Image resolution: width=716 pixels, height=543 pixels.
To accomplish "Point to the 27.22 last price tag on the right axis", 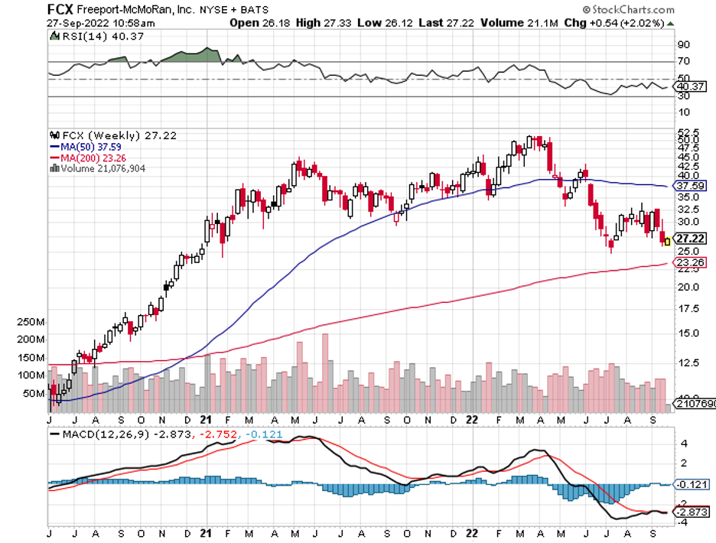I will [x=689, y=239].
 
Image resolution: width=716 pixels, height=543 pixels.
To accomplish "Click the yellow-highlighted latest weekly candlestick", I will [x=666, y=241].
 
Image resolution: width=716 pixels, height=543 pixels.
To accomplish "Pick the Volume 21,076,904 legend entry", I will [x=99, y=168].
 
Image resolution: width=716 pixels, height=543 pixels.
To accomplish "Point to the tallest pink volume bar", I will [x=325, y=372].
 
